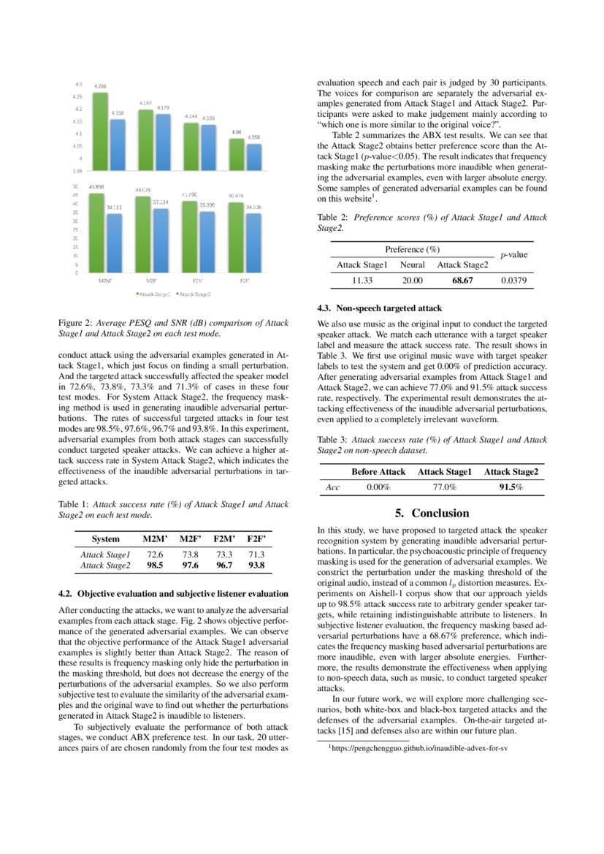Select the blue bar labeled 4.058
[253, 157]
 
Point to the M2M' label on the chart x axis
[104, 281]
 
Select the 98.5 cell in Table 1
[155, 565]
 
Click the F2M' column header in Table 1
[224, 539]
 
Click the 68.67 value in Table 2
[462, 280]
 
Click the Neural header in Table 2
[412, 264]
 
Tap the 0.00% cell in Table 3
[378, 487]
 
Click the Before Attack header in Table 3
[378, 472]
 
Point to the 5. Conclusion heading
[432, 513]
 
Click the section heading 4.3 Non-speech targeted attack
[380, 308]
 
